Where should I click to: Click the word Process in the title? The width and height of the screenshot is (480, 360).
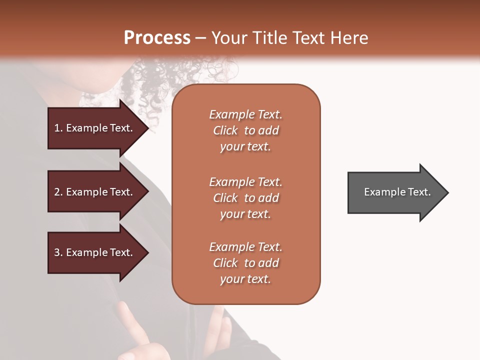pos(157,38)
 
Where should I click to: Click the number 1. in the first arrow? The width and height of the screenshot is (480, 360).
pos(58,128)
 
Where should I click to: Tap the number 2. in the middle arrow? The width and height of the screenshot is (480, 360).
pos(58,192)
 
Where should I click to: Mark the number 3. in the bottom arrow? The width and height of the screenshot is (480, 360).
pos(58,252)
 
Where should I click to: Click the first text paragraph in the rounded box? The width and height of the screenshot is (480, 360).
pos(245,130)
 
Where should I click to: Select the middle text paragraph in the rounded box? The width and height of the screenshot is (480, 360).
pos(245,198)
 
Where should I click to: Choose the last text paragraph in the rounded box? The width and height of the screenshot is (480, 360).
pos(245,263)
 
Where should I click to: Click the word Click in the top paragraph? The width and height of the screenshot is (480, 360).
pos(225,130)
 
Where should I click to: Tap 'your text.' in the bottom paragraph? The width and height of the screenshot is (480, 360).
pos(245,279)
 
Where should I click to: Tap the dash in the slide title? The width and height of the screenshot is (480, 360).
pos(201,38)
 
